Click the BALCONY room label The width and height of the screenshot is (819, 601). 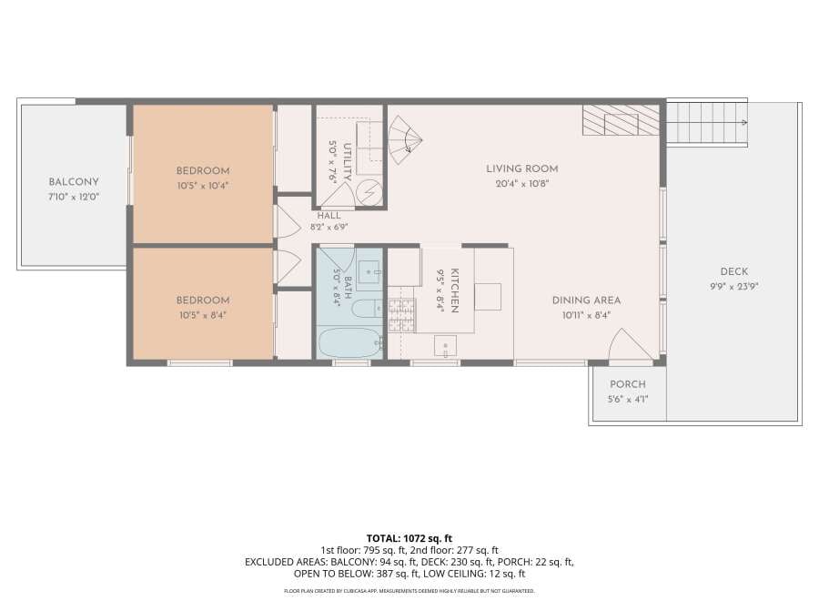74,182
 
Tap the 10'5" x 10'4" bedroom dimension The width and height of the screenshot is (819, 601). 203,186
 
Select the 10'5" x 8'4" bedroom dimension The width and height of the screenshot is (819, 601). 203,315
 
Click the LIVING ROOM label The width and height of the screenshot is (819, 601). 521,168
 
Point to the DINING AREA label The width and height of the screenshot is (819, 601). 586,300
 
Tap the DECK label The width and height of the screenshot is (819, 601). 733,271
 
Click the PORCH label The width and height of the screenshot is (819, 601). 628,384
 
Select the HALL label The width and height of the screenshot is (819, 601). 329,215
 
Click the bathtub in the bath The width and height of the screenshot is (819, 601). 350,342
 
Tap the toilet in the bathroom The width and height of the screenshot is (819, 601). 368,308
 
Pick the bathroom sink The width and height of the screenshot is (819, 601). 369,273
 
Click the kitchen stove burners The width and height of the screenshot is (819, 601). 401,316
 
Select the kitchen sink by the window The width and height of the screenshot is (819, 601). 445,346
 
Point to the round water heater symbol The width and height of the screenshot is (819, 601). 369,193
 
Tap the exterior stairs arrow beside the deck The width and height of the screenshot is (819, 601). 707,122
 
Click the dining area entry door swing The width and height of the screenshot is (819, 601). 631,344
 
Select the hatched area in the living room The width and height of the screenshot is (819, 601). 621,120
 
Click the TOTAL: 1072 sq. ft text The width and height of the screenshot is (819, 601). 409,538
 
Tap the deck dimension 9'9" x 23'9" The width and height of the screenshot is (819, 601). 733,287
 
